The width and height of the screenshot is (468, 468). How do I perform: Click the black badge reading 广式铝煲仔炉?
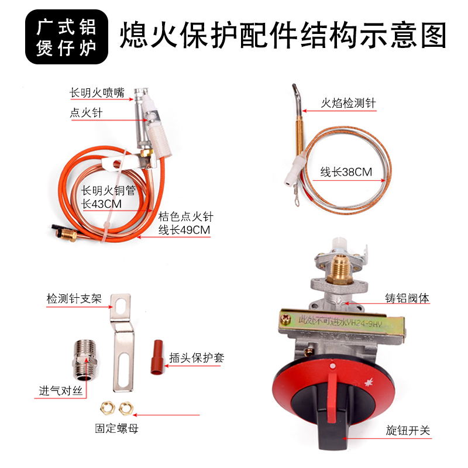[x=67, y=37]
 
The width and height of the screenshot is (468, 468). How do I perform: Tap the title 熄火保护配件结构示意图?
[x=283, y=35]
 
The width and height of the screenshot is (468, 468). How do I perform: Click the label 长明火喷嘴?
[x=97, y=92]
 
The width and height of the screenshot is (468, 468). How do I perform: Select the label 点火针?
[x=86, y=113]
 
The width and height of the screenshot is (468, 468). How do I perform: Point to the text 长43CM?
[x=101, y=204]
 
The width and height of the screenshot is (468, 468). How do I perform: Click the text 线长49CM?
[x=184, y=230]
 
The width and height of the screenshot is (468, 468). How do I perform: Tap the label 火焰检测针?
[x=348, y=104]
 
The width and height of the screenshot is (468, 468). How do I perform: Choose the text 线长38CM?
[x=346, y=172]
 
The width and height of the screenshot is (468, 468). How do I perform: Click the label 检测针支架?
[x=74, y=298]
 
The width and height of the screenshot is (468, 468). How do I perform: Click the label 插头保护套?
[x=197, y=357]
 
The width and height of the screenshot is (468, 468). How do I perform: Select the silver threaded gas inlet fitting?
[x=85, y=359]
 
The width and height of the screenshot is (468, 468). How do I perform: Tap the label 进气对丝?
[x=61, y=391]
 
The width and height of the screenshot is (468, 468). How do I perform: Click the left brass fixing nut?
[x=108, y=408]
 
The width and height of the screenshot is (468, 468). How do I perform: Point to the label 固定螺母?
[x=116, y=428]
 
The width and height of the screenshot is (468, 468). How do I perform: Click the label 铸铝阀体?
[x=407, y=298]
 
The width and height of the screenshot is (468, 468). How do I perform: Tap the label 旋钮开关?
[x=408, y=431]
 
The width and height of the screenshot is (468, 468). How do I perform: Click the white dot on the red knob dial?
[x=333, y=366]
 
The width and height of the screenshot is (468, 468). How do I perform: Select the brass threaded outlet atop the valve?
[x=340, y=269]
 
